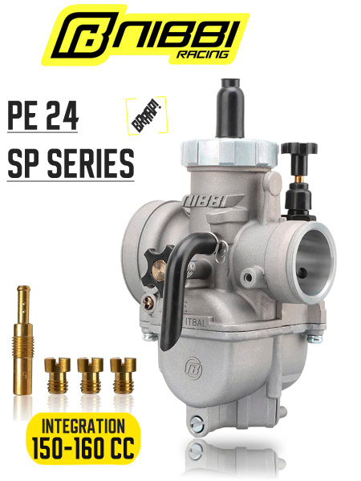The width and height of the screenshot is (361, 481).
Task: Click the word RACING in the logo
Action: pyautogui.click(x=203, y=55)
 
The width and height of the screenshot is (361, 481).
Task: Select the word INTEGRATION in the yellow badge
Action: pyautogui.click(x=83, y=426)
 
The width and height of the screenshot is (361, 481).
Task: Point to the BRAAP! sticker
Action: pyautogui.click(x=147, y=115)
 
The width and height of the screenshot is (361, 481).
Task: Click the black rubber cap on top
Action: pyautogui.click(x=229, y=108)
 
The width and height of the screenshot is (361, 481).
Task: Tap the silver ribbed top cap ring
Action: pyautogui.click(x=229, y=152)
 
